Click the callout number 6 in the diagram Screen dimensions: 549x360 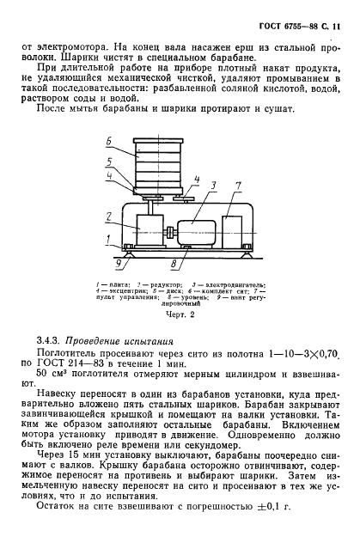[x=108, y=140]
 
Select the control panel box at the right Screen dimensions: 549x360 [x=235, y=230]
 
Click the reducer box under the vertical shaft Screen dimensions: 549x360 [x=147, y=230]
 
